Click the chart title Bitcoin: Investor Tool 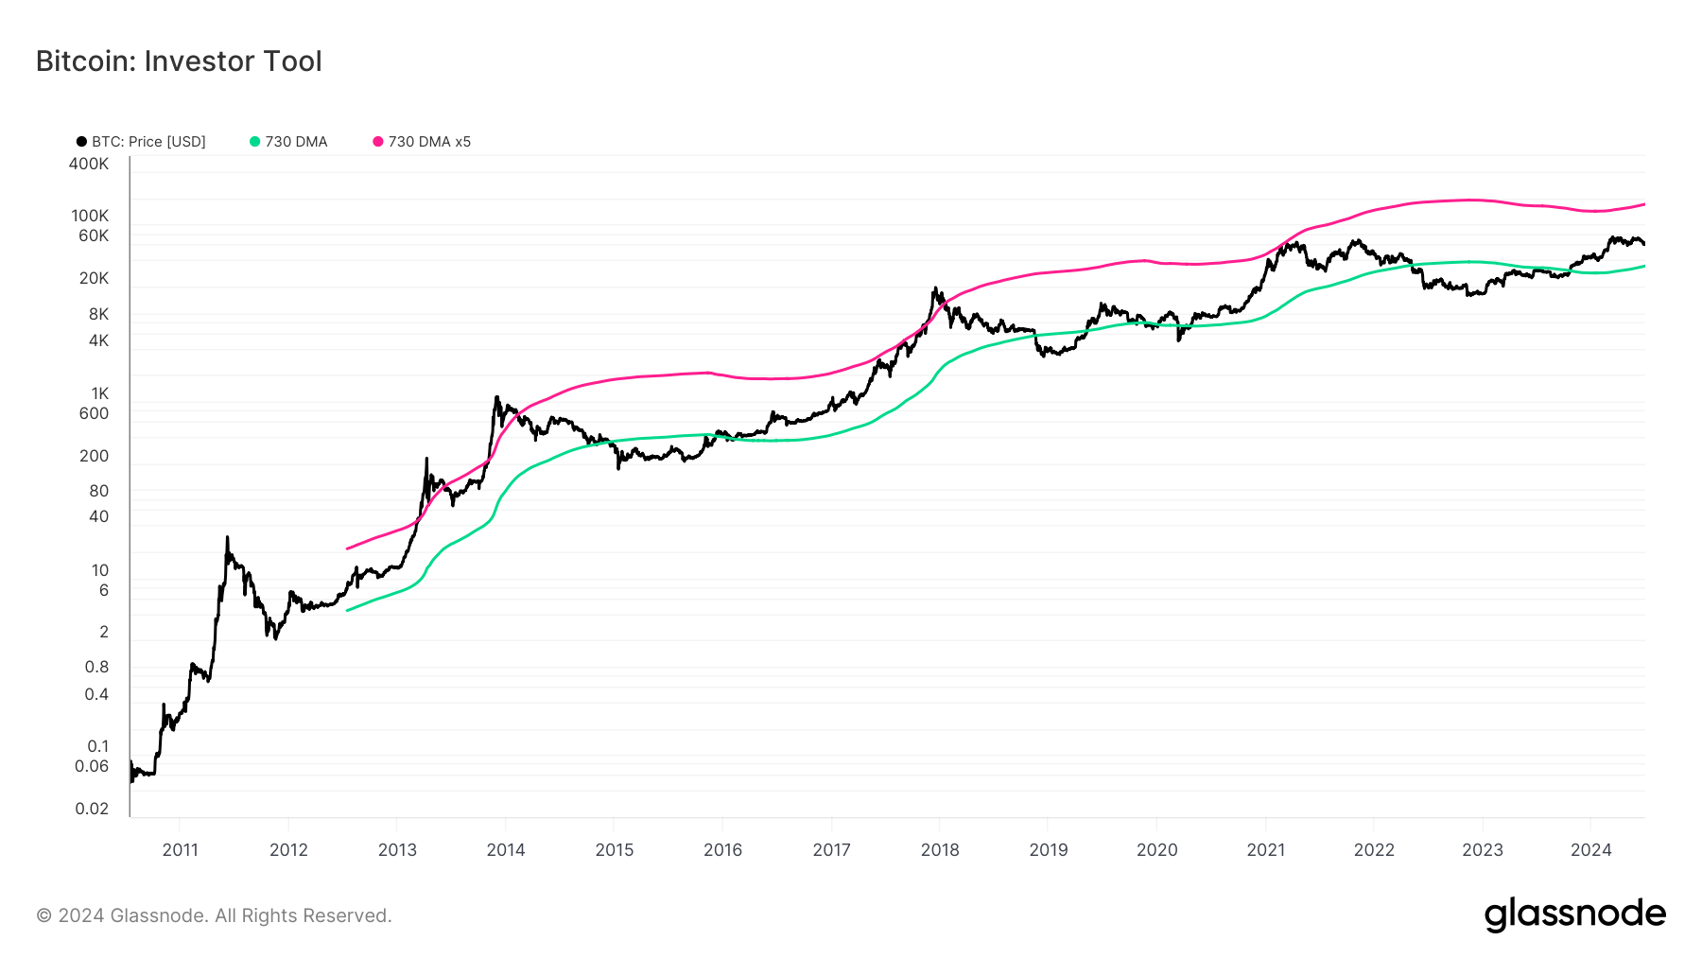[179, 61]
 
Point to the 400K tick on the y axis [89, 164]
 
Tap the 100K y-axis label [90, 216]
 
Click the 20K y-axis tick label [94, 278]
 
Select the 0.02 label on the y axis [92, 809]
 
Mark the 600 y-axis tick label [94, 413]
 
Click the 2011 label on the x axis [180, 849]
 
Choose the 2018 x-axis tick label [940, 849]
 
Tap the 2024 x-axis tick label [1590, 849]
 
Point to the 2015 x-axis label [615, 849]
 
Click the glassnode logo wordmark [1574, 914]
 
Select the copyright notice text [214, 915]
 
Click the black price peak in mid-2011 [227, 538]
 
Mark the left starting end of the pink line [348, 549]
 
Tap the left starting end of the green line [348, 610]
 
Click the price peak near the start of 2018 [934, 288]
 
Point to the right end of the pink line [1644, 204]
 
